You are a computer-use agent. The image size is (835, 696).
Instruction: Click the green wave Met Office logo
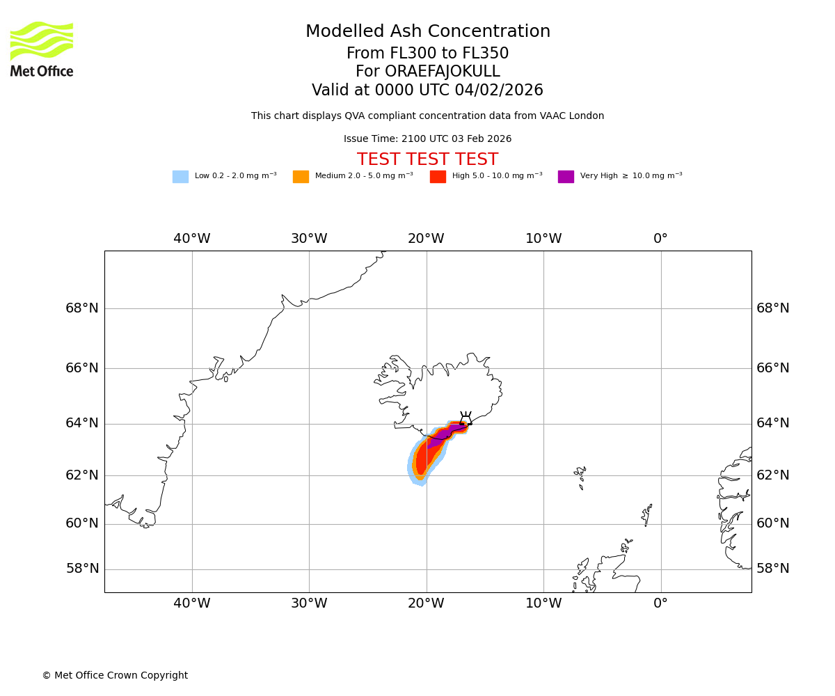click(x=42, y=40)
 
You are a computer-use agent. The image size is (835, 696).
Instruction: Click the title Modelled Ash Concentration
click(x=427, y=32)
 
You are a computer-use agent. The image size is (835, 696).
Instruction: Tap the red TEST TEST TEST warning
click(x=427, y=159)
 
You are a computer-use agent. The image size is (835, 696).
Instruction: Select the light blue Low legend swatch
click(x=180, y=177)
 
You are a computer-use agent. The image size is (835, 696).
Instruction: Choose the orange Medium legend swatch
click(x=301, y=177)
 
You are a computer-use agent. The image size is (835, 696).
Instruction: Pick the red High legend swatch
click(x=438, y=177)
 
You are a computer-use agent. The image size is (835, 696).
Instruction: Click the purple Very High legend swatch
click(x=566, y=177)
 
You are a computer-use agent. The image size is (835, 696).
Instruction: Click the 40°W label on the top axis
click(x=192, y=239)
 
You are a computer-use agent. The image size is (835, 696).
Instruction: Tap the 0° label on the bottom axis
click(x=660, y=603)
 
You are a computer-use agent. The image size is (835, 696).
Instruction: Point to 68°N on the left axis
click(x=82, y=308)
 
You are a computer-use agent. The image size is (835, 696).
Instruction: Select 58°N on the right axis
click(x=772, y=569)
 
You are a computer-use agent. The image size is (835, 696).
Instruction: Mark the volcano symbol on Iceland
click(x=466, y=419)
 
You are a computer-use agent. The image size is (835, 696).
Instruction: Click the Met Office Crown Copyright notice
click(x=115, y=676)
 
